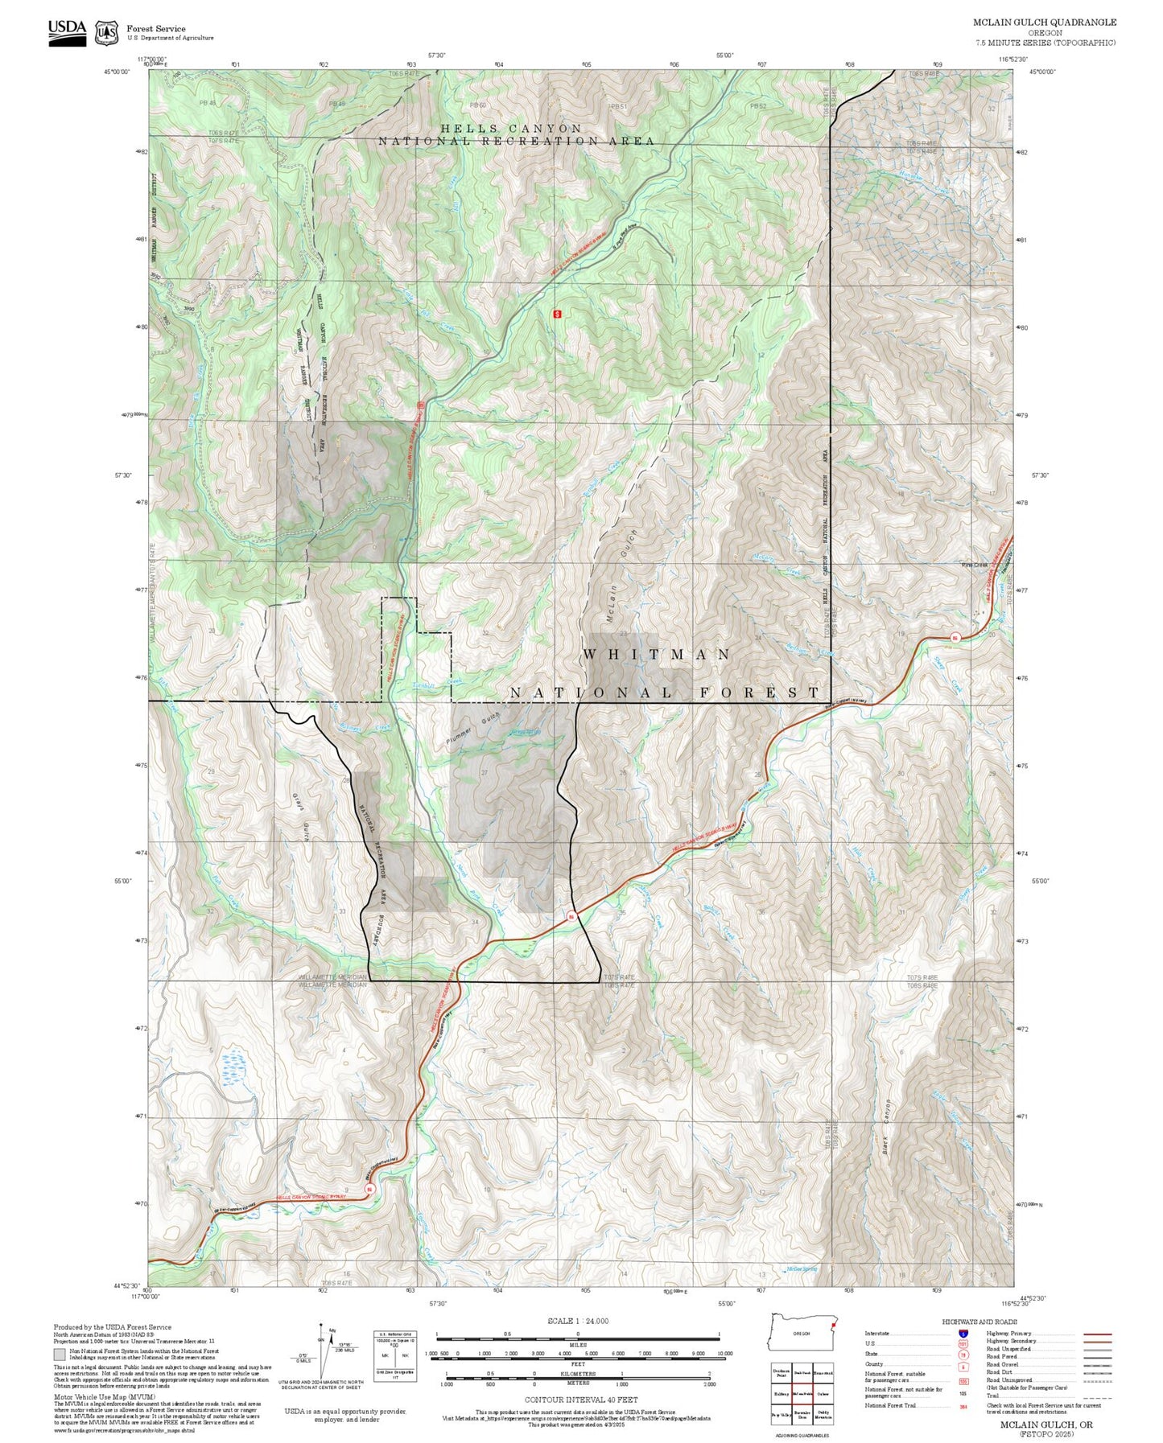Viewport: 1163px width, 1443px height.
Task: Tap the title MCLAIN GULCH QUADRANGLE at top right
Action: tap(1044, 22)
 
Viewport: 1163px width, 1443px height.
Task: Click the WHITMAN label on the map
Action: tap(657, 655)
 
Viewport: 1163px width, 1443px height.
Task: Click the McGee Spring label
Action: tap(801, 1269)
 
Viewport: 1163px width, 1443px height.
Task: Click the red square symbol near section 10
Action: tap(556, 314)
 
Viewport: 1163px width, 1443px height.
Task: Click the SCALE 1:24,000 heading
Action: tap(577, 1321)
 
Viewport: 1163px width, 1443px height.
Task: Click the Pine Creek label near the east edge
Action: tap(974, 565)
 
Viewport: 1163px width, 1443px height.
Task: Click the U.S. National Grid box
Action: tap(395, 1357)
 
